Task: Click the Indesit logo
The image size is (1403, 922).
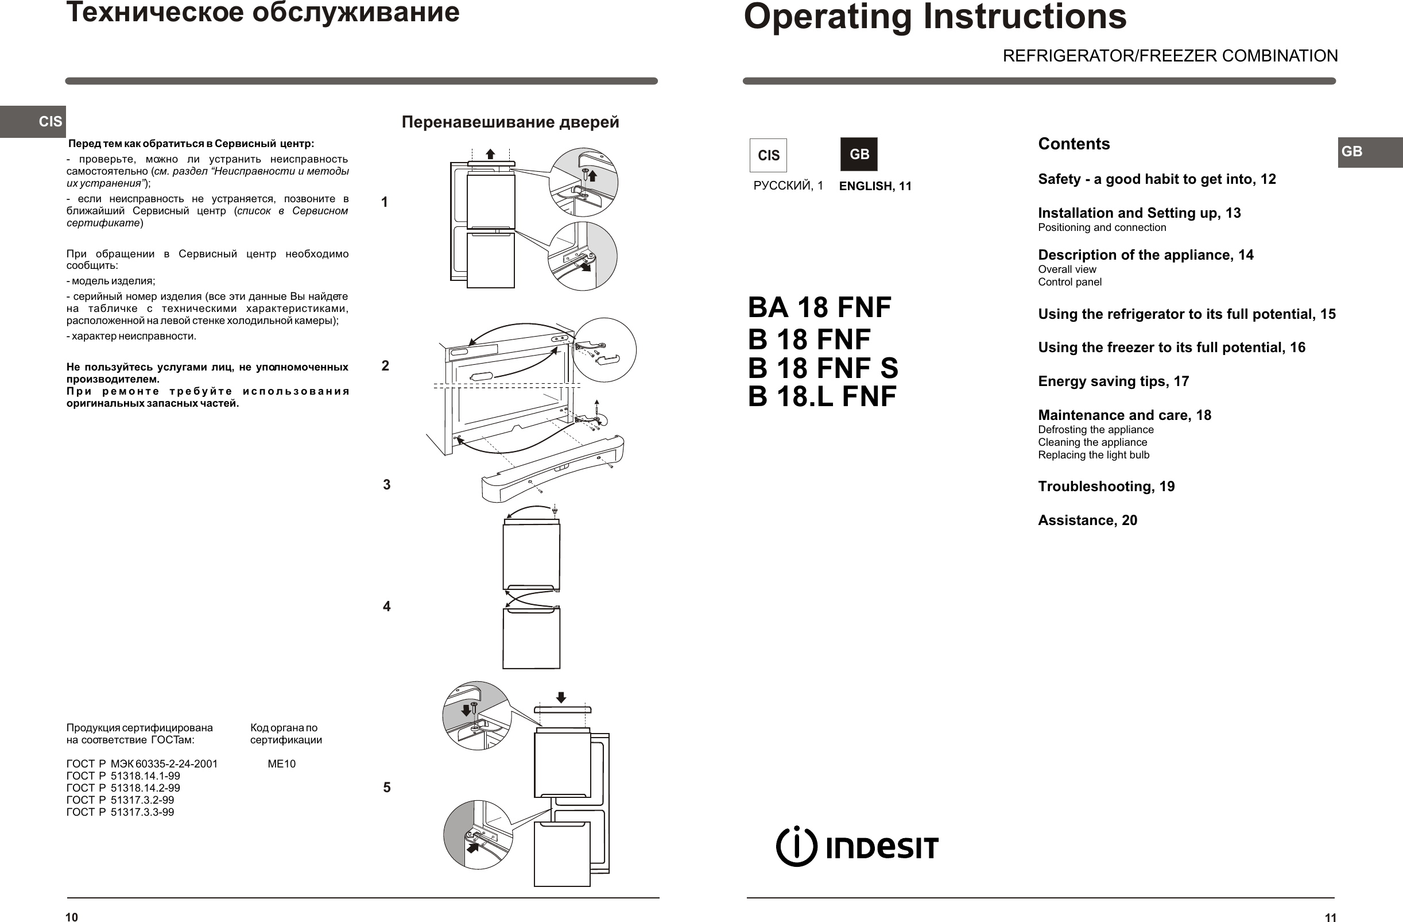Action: point(856,847)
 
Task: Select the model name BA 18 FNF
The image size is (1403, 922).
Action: point(819,307)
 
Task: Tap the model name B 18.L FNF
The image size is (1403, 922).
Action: point(821,396)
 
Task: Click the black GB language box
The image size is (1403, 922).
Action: point(859,155)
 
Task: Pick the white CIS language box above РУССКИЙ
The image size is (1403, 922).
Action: point(768,155)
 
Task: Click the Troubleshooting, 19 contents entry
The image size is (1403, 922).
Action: point(1106,487)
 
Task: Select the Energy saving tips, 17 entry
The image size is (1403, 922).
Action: point(1113,381)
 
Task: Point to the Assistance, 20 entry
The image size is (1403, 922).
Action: point(1087,520)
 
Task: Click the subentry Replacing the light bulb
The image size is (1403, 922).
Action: point(1094,455)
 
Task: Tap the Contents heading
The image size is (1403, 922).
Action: point(1073,144)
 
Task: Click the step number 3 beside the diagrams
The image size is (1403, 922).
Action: point(387,485)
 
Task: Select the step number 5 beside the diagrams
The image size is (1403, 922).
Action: point(387,788)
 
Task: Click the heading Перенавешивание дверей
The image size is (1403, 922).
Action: point(510,122)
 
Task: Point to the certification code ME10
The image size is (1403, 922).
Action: point(281,764)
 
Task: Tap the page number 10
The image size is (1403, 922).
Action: point(71,917)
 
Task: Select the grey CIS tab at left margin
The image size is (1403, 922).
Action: point(33,122)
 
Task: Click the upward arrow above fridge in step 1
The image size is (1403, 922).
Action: point(490,154)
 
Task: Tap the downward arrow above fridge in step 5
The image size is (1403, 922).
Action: point(561,697)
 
